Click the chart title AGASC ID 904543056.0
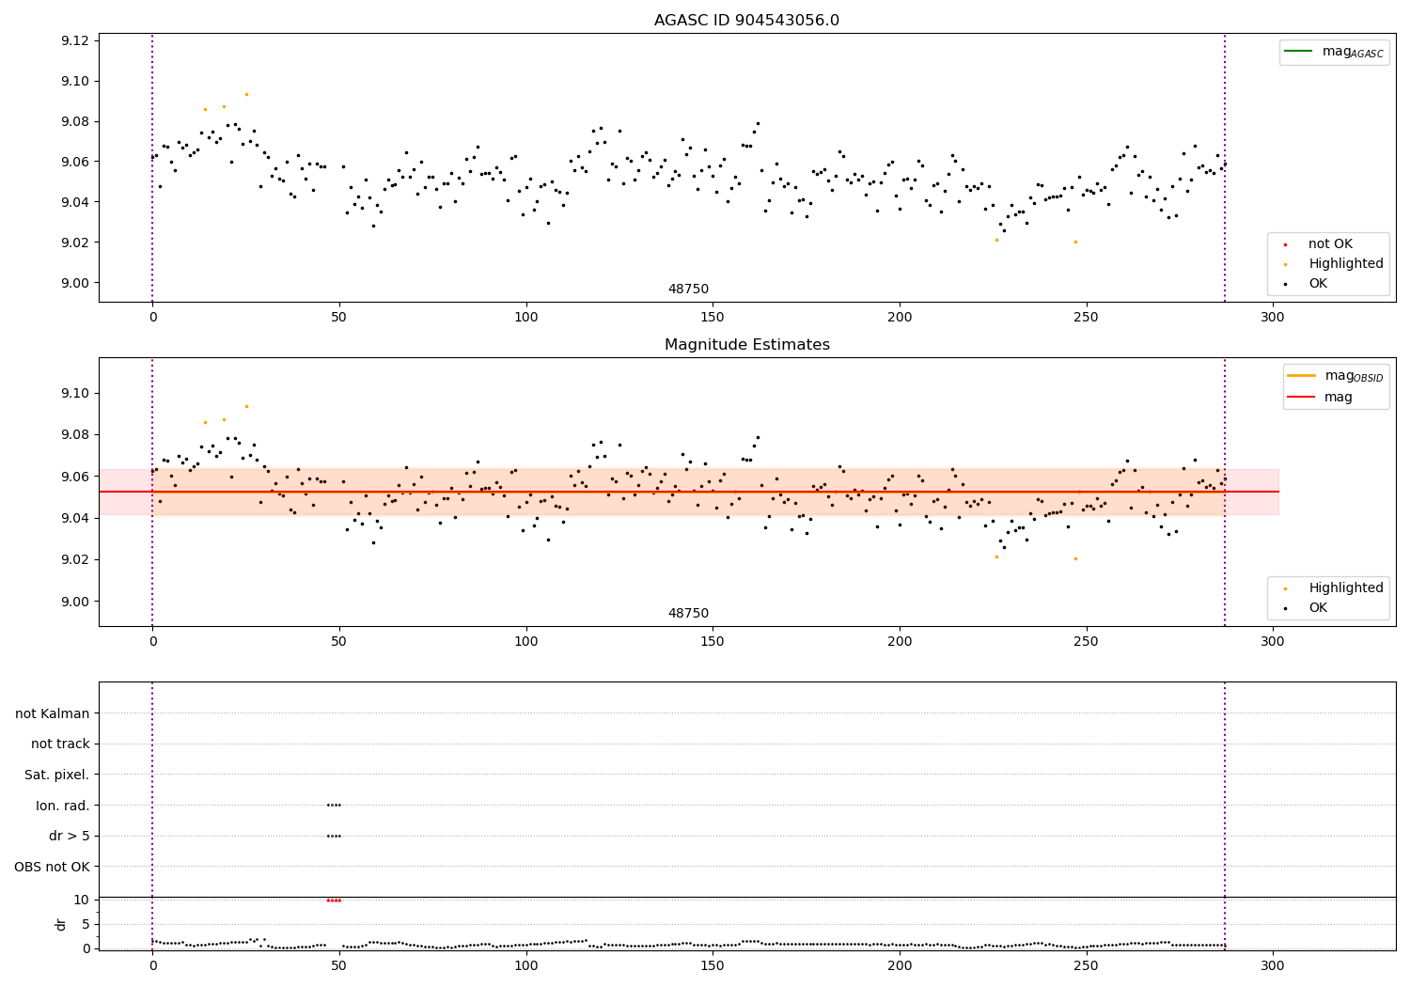point(746,21)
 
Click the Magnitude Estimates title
point(746,345)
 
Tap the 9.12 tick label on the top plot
point(74,40)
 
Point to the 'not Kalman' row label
point(53,713)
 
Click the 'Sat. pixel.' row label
point(57,775)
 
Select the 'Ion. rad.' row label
point(63,806)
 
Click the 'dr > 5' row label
point(70,836)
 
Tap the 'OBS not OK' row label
point(53,867)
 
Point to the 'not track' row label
point(60,744)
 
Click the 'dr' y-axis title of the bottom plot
point(61,924)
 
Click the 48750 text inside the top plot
point(688,290)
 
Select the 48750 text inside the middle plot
point(688,614)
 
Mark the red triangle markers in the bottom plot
point(334,901)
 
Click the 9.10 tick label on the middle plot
point(74,393)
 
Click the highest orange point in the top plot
point(246,94)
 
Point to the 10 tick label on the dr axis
point(81,900)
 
